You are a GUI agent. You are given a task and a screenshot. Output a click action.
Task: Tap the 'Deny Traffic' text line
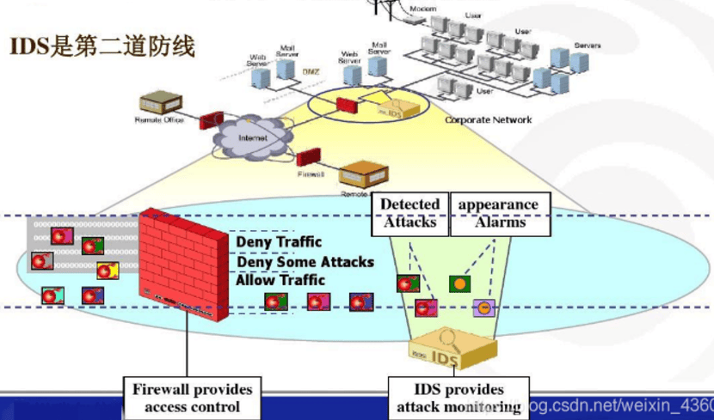pos(279,242)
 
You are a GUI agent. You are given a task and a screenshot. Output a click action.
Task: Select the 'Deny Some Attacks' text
pos(305,261)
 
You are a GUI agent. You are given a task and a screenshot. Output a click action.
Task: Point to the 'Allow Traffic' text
pos(280,280)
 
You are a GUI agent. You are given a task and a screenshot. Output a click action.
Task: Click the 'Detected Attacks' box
pos(409,213)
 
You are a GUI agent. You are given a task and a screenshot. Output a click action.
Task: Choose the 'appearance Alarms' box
pos(499,213)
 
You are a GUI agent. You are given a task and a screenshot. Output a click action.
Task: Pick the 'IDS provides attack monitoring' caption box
pos(457,398)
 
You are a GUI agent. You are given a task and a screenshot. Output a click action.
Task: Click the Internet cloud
pos(252,137)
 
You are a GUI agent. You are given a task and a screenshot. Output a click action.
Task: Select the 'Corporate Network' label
pos(488,120)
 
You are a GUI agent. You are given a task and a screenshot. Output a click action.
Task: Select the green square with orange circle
pos(460,283)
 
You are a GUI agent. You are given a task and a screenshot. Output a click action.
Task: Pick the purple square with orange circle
pos(483,307)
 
